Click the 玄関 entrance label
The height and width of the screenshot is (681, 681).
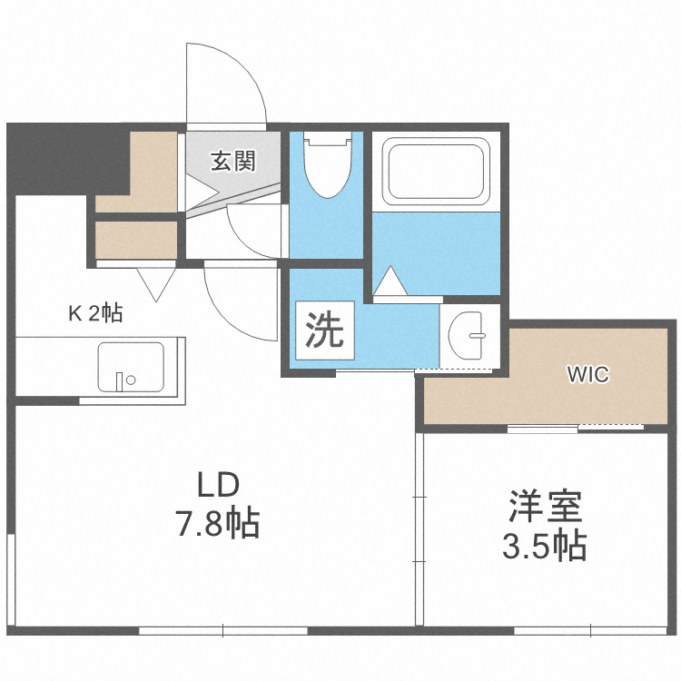click(233, 162)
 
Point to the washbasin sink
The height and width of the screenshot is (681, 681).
click(470, 336)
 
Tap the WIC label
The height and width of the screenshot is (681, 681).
click(587, 373)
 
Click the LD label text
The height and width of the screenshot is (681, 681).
click(218, 483)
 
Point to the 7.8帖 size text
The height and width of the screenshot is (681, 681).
click(218, 524)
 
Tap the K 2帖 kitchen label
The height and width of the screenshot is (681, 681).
click(95, 313)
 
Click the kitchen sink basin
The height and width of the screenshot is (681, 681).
click(132, 366)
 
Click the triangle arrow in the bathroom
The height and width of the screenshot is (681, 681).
click(391, 282)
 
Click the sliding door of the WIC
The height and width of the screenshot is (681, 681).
click(575, 427)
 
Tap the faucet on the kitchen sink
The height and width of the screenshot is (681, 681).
click(120, 380)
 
